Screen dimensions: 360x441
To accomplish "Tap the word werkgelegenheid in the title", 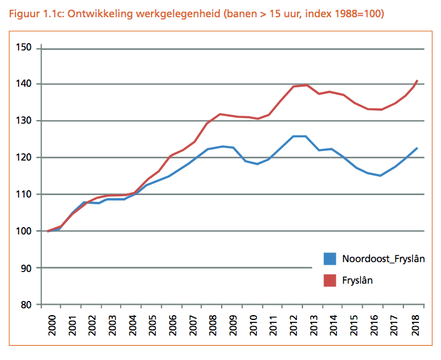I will pyautogui.click(x=161, y=13).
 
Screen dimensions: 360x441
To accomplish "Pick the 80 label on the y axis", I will pyautogui.click(x=28, y=305).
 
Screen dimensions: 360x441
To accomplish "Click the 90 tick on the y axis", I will pyautogui.click(x=28, y=268).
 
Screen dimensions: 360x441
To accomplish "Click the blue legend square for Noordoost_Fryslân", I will pyautogui.click(x=330, y=259).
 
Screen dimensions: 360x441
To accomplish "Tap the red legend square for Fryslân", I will pyautogui.click(x=330, y=280).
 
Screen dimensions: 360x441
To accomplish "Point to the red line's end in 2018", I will pyautogui.click(x=418, y=80).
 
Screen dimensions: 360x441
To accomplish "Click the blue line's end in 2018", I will pyautogui.click(x=418, y=148).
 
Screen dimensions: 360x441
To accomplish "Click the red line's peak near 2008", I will pyautogui.click(x=220, y=114).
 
